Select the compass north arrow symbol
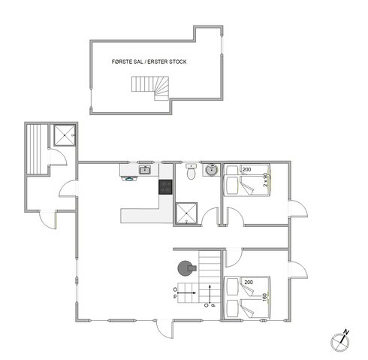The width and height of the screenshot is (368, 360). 340,340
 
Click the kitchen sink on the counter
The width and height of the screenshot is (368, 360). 143,171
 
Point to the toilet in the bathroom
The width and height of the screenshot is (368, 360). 192,173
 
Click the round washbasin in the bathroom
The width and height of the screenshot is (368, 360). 211,170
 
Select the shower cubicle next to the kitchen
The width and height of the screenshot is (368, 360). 184,213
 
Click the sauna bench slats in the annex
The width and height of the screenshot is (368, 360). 36,150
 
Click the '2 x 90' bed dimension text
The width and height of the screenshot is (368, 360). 266,181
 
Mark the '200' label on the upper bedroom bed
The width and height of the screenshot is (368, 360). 247,170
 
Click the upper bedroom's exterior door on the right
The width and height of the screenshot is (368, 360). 300,208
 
